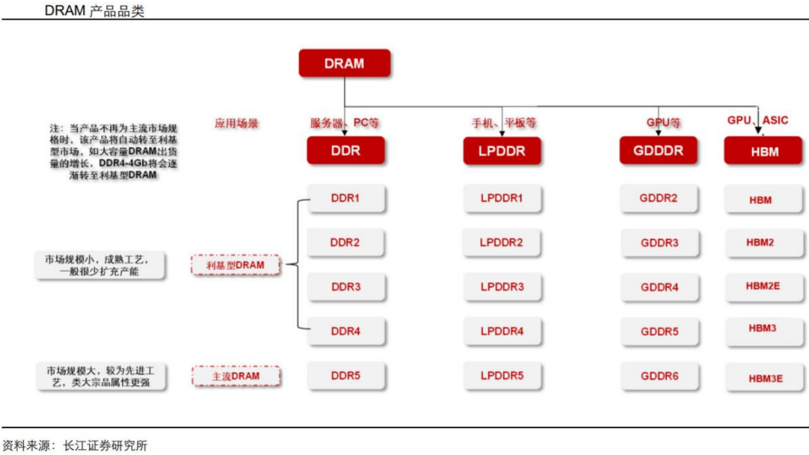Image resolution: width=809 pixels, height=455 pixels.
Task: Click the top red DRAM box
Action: point(344,63)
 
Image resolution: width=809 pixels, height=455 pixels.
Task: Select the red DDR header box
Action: point(345,150)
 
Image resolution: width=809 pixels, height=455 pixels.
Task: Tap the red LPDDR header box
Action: point(501,151)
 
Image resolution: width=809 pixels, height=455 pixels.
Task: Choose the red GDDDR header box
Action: point(658,150)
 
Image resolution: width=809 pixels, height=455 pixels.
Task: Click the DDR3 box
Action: point(345,286)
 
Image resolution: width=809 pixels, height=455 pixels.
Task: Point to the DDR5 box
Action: point(345,376)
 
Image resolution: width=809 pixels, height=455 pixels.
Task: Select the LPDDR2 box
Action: point(501,242)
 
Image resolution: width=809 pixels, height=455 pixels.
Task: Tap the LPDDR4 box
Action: point(502,331)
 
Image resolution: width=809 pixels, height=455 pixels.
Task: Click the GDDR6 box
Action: point(659,376)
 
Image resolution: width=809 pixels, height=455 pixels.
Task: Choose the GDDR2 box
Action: point(658,199)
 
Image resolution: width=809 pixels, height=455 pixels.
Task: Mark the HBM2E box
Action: point(763,286)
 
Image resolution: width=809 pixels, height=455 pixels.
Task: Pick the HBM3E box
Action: point(764,377)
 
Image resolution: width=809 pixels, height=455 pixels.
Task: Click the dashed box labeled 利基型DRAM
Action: point(235,265)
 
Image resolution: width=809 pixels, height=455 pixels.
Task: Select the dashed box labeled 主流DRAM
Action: point(236,376)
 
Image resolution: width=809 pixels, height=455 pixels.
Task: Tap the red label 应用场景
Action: point(236,124)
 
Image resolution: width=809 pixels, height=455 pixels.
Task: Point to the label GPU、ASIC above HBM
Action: point(757,121)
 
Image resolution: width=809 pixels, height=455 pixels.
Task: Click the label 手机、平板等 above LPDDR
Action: point(503,123)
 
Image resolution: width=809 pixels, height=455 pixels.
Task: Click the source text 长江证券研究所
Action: point(106,445)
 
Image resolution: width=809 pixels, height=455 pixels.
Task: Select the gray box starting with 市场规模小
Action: point(100,265)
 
